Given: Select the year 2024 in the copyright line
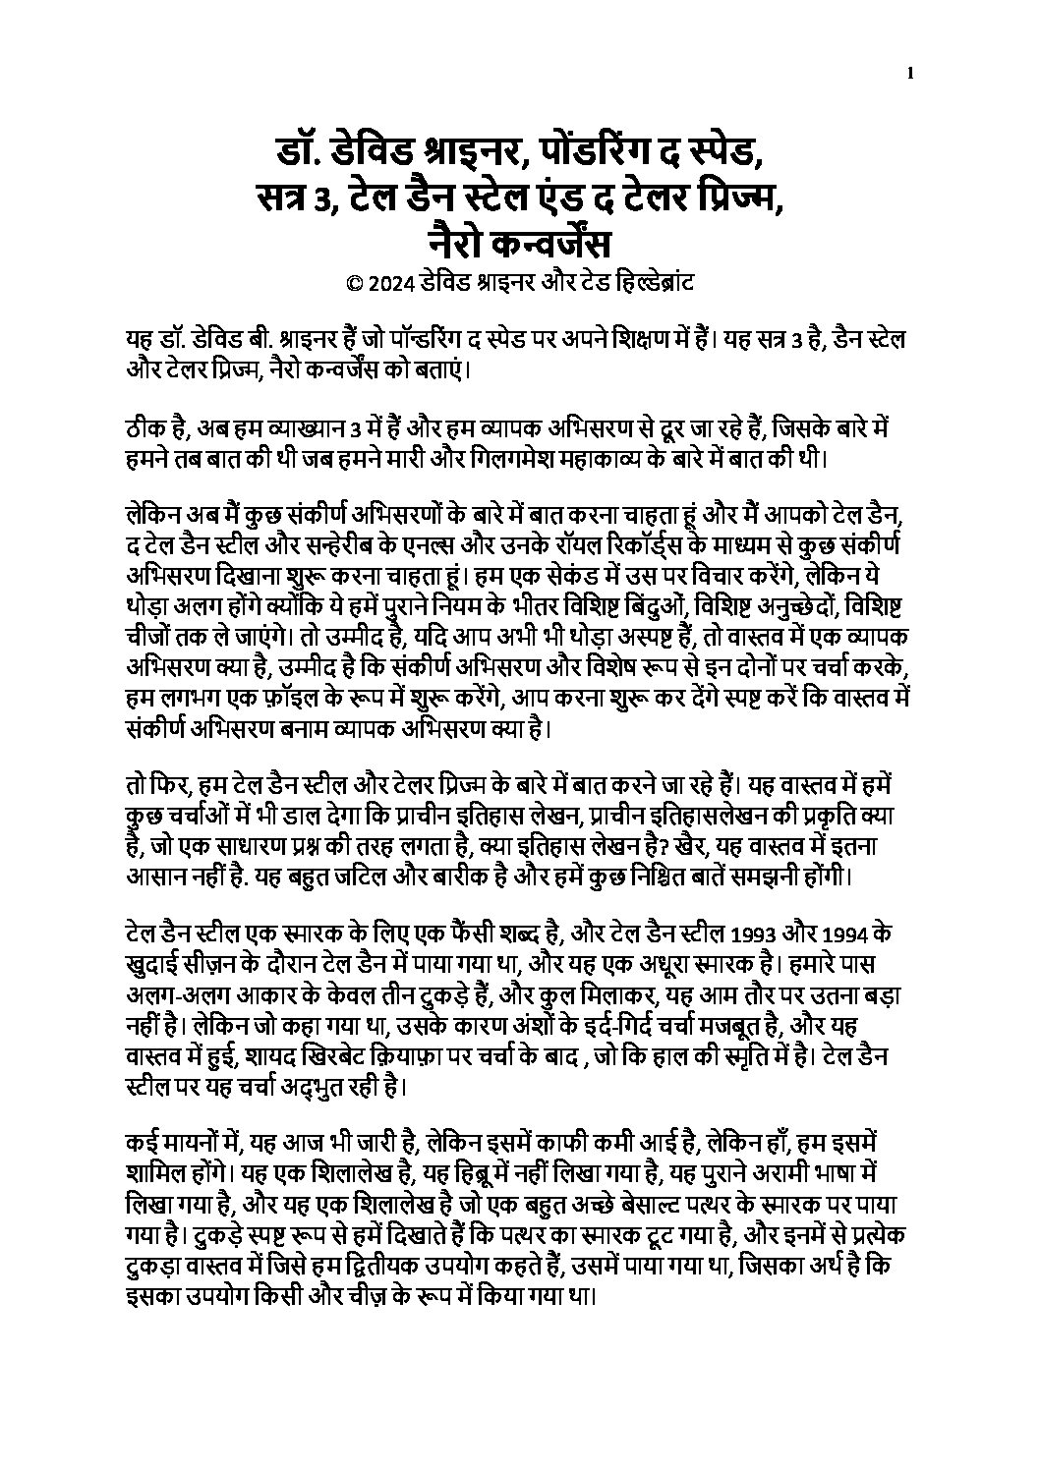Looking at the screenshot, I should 387,283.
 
